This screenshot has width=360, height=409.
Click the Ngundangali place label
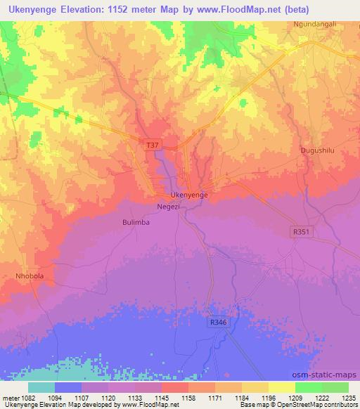pyautogui.click(x=314, y=25)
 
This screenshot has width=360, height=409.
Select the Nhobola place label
pyautogui.click(x=30, y=276)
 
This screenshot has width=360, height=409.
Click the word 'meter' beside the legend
pyautogui.click(x=8, y=397)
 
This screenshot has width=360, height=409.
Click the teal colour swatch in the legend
pyautogui.click(x=41, y=387)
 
